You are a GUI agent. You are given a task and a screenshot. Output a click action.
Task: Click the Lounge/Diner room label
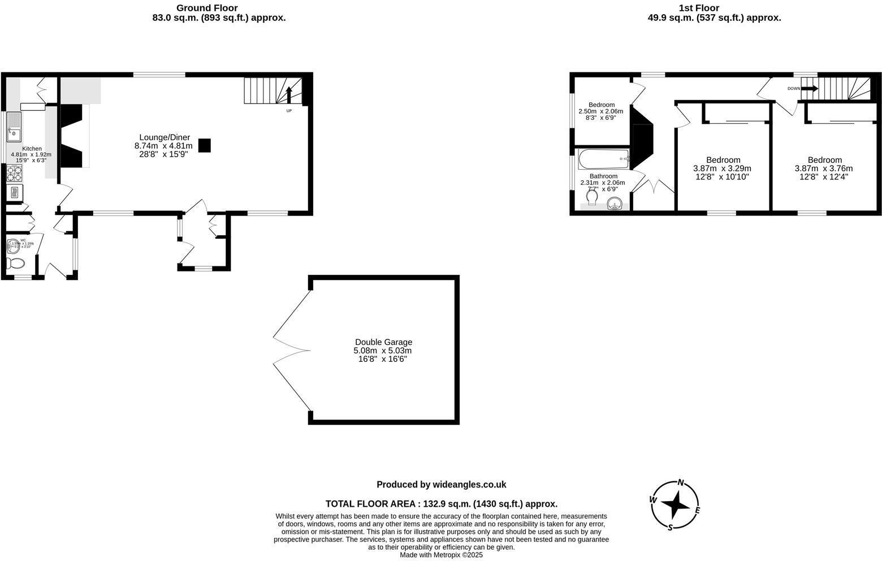point(165,137)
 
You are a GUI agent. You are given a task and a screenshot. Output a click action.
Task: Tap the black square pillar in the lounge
point(204,145)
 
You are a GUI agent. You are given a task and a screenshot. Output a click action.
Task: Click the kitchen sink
point(14,127)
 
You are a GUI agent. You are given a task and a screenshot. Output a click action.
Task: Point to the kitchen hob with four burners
point(14,173)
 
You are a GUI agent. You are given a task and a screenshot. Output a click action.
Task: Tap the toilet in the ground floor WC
point(15,264)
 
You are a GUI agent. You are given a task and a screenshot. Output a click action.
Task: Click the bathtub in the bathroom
point(604,159)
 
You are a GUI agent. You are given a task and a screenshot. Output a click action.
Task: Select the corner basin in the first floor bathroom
point(614,204)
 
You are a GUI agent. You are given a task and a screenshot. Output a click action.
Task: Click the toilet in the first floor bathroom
point(592,198)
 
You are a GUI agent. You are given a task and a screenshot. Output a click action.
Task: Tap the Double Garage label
point(383,342)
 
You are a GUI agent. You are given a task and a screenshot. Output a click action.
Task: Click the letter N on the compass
point(681,482)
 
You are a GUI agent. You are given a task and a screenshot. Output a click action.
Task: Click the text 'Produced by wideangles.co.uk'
point(441,485)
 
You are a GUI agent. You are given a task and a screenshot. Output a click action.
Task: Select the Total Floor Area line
point(441,504)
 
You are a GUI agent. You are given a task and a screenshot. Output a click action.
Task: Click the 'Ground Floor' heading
point(207,8)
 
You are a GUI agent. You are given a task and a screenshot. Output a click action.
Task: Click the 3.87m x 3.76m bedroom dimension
point(824,169)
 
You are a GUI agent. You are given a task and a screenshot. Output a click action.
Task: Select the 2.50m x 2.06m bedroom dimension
point(600,111)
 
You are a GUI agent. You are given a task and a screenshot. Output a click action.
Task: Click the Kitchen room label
point(32,149)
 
